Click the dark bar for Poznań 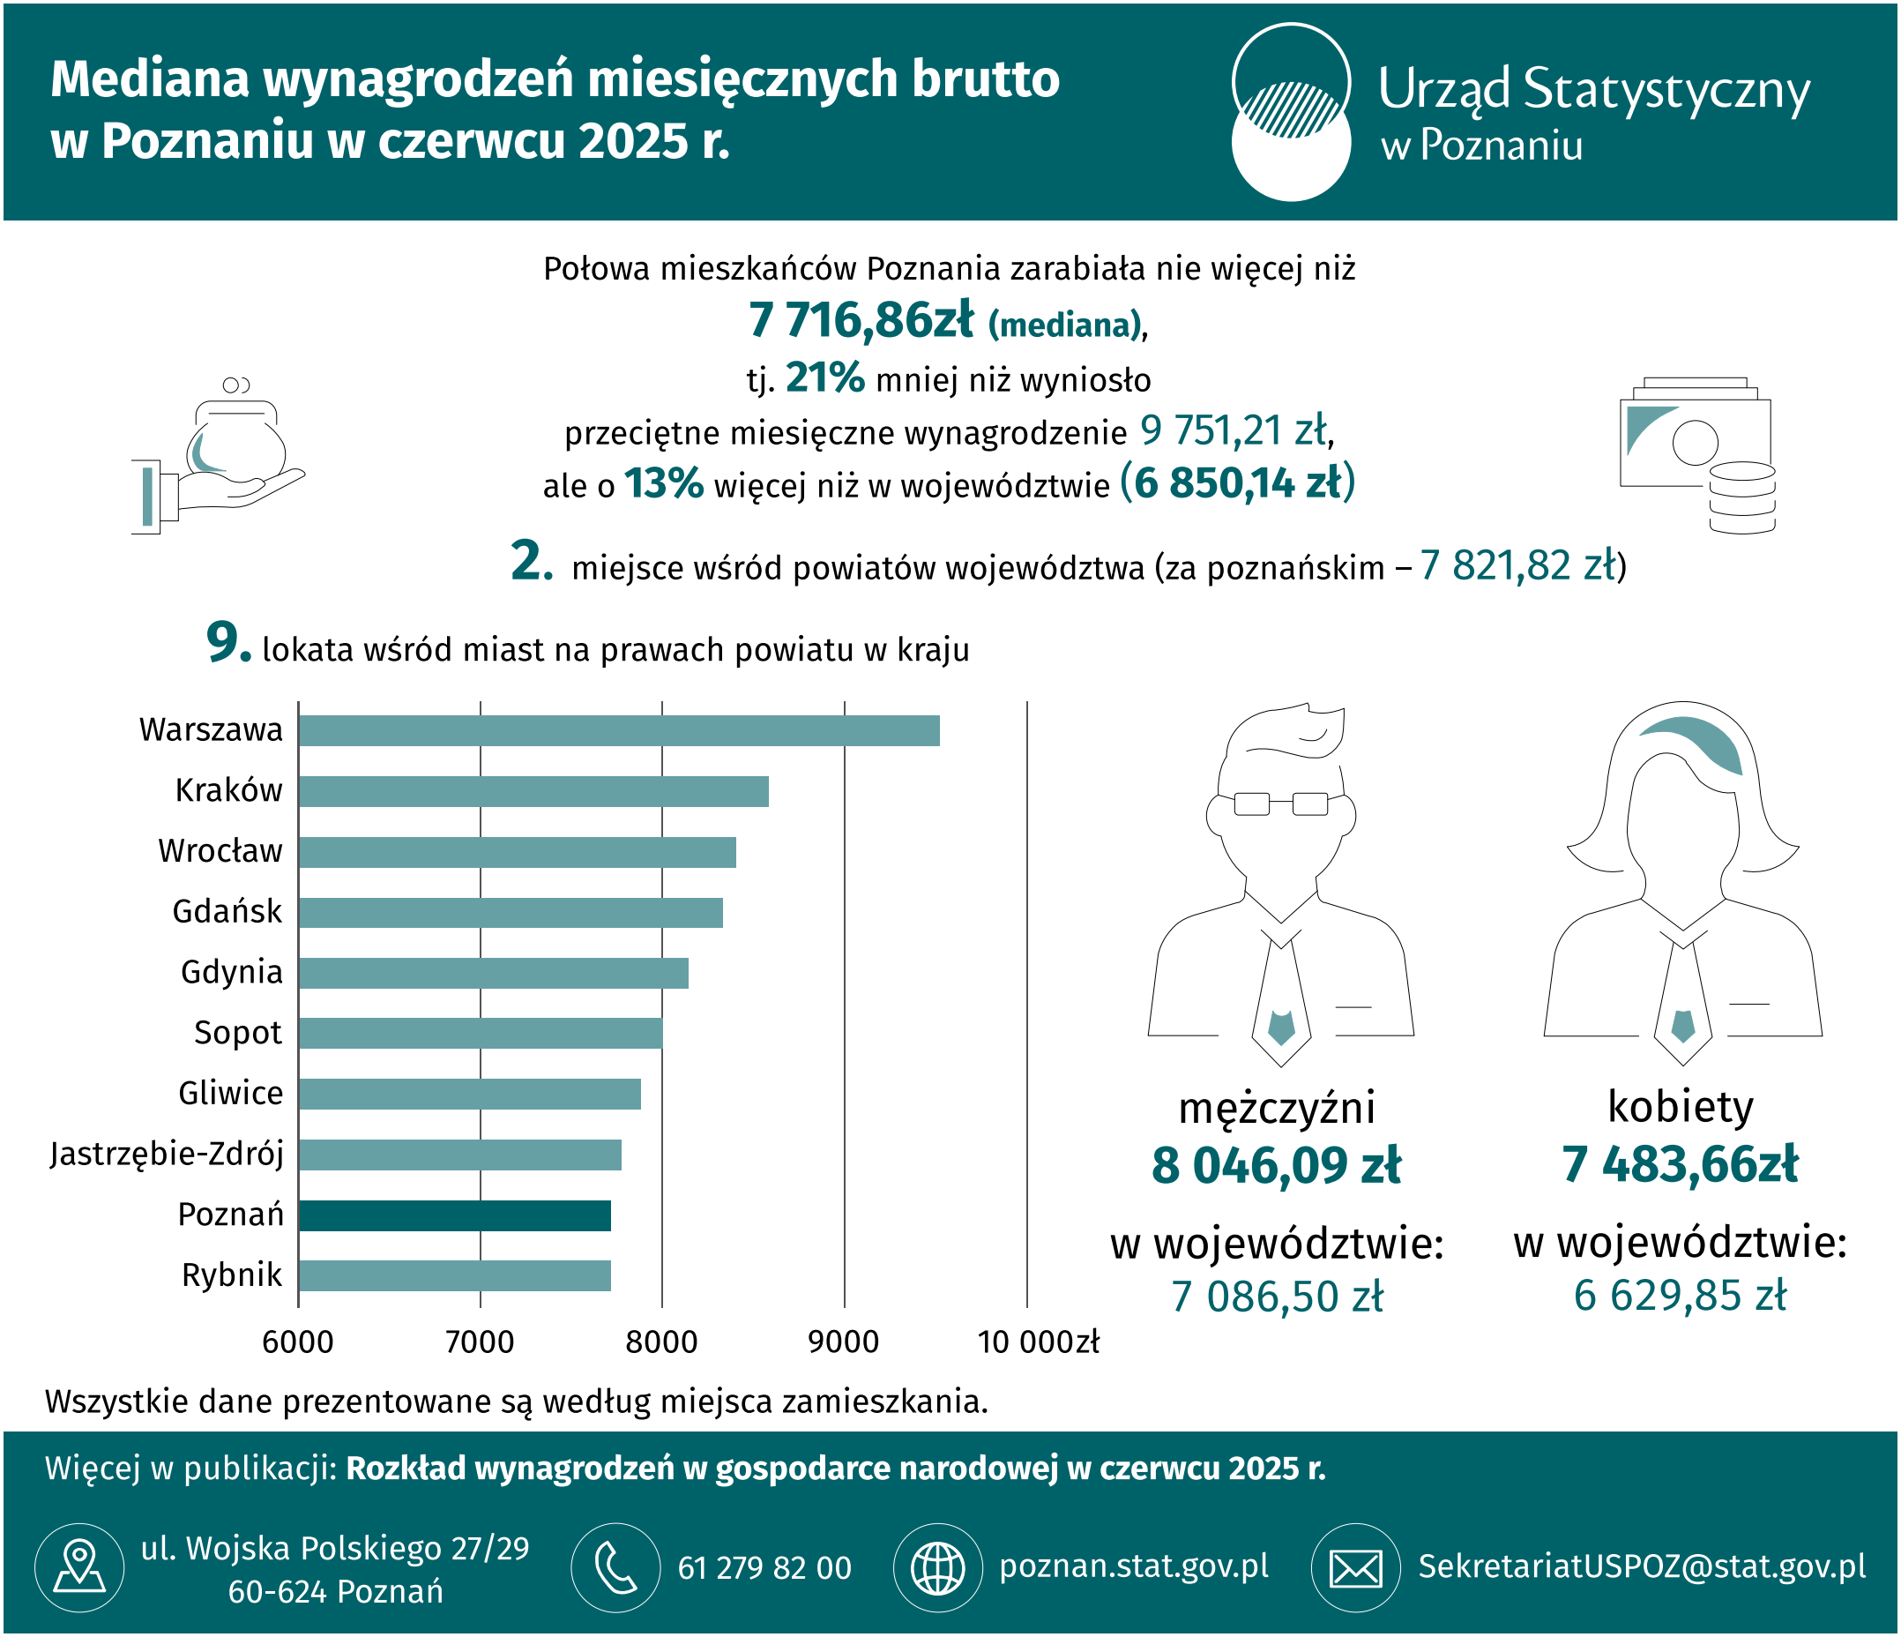(x=454, y=1215)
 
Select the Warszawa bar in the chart (x=619, y=730)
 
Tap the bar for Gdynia (x=493, y=973)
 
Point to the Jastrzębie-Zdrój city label (x=167, y=1154)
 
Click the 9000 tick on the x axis (x=843, y=1342)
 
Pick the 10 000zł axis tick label (x=1038, y=1342)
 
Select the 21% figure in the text (x=824, y=377)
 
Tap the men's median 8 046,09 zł (x=1276, y=1164)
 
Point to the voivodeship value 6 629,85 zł (x=1680, y=1295)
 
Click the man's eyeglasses (x=1281, y=804)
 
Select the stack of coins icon (x=1742, y=497)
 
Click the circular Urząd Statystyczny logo (x=1291, y=111)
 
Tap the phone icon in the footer (x=615, y=1567)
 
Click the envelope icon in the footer (x=1355, y=1567)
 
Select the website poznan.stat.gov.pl (x=1134, y=1566)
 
